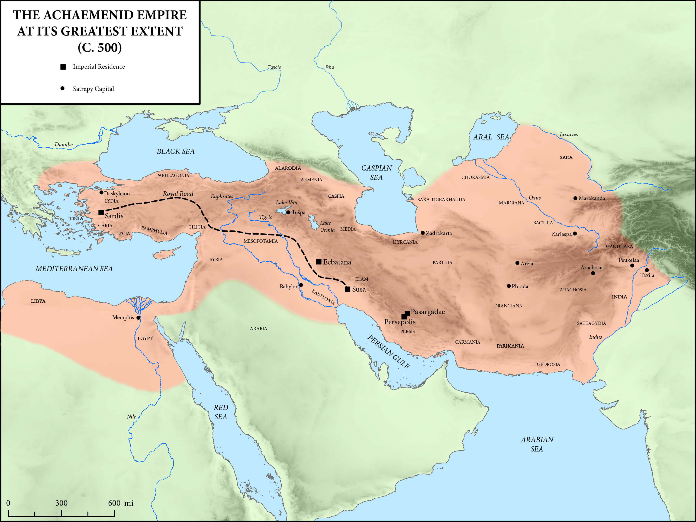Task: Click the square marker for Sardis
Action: (101, 212)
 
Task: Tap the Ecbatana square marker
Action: (319, 262)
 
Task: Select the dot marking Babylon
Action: (301, 285)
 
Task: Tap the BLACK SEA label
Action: (176, 151)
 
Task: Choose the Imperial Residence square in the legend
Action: (63, 67)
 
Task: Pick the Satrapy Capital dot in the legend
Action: (62, 88)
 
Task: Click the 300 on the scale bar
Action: (61, 503)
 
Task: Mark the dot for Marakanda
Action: (575, 198)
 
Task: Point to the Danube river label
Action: (64, 145)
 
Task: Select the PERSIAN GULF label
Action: (389, 352)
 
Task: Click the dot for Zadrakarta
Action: (422, 233)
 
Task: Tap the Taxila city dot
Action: (647, 270)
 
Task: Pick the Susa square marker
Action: (347, 289)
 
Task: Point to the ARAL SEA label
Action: (491, 137)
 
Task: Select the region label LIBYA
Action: (38, 301)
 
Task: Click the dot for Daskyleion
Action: (101, 192)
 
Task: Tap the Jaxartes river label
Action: (569, 134)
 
